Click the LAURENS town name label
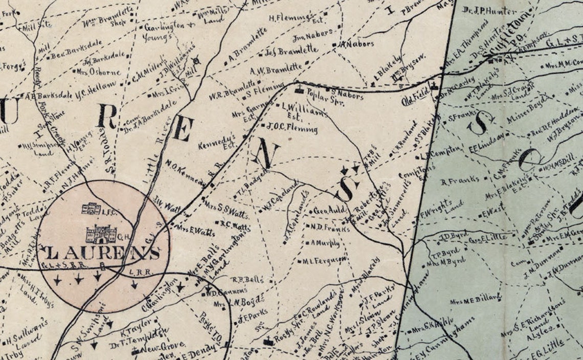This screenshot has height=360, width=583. click(x=102, y=252)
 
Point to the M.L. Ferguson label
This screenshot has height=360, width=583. click(x=321, y=261)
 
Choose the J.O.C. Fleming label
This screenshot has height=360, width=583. click(x=292, y=128)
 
